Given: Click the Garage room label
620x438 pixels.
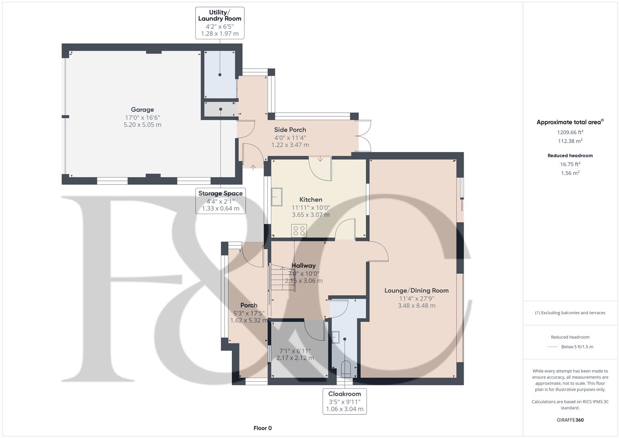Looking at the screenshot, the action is pyautogui.click(x=142, y=110).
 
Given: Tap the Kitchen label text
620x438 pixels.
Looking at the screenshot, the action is pyautogui.click(x=311, y=200).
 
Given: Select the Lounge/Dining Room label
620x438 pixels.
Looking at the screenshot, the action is pyautogui.click(x=416, y=291).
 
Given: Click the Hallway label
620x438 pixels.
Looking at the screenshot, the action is pyautogui.click(x=304, y=266).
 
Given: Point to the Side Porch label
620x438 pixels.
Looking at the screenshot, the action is pyautogui.click(x=290, y=130).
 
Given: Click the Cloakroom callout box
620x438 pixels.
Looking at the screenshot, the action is pyautogui.click(x=345, y=401).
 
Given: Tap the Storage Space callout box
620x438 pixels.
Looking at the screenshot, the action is pyautogui.click(x=220, y=201).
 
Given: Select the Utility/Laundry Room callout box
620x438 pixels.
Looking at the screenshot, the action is pyautogui.click(x=220, y=23).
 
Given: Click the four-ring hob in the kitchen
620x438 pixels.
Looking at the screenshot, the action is pyautogui.click(x=299, y=231).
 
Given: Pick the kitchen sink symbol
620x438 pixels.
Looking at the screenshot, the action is pyautogui.click(x=277, y=197).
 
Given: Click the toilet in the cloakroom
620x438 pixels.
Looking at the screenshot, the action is pyautogui.click(x=346, y=369).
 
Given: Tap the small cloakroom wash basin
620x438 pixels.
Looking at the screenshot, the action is pyautogui.click(x=335, y=337).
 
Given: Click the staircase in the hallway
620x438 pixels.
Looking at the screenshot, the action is pyautogui.click(x=282, y=277).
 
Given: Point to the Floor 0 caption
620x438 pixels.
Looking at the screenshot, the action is pyautogui.click(x=263, y=428).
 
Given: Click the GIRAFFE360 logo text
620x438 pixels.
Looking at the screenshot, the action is pyautogui.click(x=570, y=420).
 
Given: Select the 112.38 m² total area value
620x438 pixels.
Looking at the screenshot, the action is pyautogui.click(x=570, y=141).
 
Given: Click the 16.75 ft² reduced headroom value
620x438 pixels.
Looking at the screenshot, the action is pyautogui.click(x=570, y=164).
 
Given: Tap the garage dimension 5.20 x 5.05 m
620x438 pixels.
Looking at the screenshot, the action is pyautogui.click(x=142, y=125).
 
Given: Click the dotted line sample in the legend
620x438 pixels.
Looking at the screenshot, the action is pyautogui.click(x=553, y=347).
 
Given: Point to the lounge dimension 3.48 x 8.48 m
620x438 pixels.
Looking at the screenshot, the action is pyautogui.click(x=417, y=305).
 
